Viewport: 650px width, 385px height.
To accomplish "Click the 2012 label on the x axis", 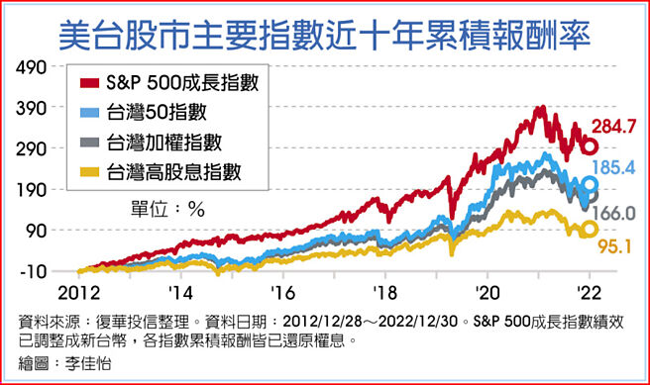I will tap(77, 294).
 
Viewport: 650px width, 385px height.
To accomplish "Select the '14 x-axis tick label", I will tap(180, 294).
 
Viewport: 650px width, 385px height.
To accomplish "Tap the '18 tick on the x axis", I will tap(383, 294).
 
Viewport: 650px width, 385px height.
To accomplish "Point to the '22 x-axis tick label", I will tap(590, 294).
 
